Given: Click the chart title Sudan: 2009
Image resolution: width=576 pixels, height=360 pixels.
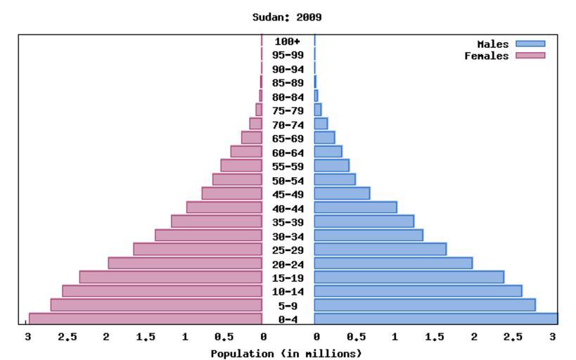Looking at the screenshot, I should coord(287,16).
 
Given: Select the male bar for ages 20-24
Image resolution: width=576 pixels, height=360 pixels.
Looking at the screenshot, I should coord(393,263).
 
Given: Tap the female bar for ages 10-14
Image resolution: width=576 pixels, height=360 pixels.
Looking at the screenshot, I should coord(162,291).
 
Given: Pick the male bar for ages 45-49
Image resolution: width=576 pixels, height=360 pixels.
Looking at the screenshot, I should coord(342,193).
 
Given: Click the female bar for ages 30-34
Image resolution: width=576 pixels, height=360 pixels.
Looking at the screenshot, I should coord(208,235).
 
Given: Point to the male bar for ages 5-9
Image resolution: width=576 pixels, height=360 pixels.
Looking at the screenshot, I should coord(425,305).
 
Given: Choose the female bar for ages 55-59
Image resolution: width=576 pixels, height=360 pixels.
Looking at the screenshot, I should coord(241,165).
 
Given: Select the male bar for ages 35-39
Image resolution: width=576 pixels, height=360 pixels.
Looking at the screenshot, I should coord(364,221).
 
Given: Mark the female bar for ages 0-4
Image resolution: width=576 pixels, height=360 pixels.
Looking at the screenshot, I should coord(145,319).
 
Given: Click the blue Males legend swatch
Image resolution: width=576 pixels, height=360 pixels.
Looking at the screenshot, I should coord(530,44).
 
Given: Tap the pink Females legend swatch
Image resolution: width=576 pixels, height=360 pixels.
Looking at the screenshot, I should coord(530,56).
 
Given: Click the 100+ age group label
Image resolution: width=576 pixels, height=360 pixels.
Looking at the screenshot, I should coord(287,41).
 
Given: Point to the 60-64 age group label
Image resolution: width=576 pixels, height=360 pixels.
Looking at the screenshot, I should coord(287,152).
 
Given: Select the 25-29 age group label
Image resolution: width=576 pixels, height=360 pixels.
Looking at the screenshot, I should coord(287,250).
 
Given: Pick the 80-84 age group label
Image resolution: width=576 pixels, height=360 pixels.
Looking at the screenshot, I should coord(287,96).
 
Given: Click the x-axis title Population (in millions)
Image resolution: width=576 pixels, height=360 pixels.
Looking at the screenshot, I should coord(287,352).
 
